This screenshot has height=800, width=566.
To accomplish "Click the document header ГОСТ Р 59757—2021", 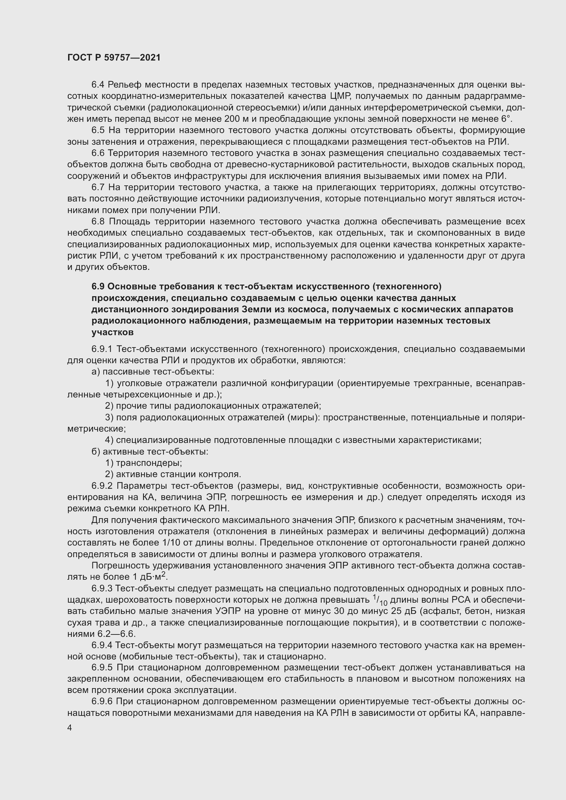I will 114,57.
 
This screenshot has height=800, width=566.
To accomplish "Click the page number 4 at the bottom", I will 70,728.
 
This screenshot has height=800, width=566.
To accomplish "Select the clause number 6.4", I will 98,85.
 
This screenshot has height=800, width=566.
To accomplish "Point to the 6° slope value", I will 506,119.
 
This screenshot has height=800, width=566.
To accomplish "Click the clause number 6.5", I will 98,130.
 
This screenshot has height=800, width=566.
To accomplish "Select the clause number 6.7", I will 98,187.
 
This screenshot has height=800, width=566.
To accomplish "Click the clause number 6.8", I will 98,222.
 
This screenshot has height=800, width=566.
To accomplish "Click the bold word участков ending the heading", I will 113,332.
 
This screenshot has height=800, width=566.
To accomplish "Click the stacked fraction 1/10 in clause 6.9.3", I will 380,600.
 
